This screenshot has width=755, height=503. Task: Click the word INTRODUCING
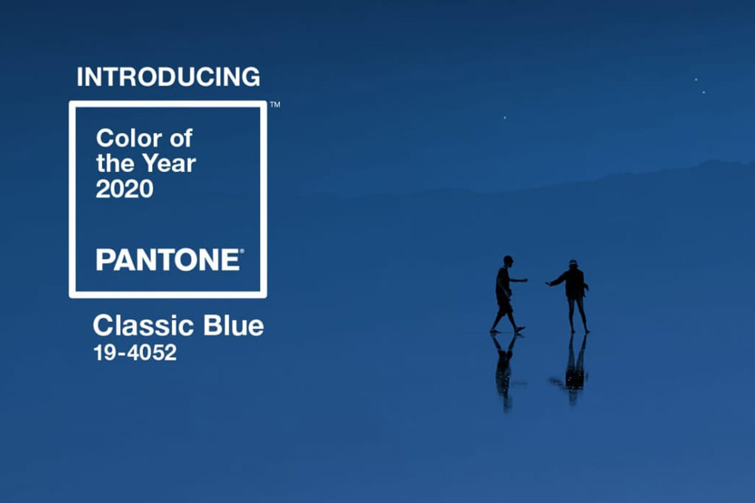click(169, 77)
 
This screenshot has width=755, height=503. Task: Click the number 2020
click(125, 189)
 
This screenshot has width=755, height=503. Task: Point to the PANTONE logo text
click(168, 260)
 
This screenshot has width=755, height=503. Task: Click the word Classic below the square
click(143, 326)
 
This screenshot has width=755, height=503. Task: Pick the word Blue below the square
click(233, 326)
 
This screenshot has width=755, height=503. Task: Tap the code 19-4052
click(135, 353)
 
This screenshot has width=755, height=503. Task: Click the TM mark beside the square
click(275, 104)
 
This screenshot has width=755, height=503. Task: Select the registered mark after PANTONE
click(242, 251)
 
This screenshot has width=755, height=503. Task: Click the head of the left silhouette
click(508, 260)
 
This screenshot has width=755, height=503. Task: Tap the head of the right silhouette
click(573, 264)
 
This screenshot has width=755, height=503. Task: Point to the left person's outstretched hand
click(525, 280)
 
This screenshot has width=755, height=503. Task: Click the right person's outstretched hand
click(549, 284)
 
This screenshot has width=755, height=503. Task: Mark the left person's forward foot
click(520, 329)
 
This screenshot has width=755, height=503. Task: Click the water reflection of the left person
click(505, 370)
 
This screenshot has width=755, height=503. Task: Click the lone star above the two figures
click(505, 118)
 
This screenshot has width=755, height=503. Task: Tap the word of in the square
click(181, 138)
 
